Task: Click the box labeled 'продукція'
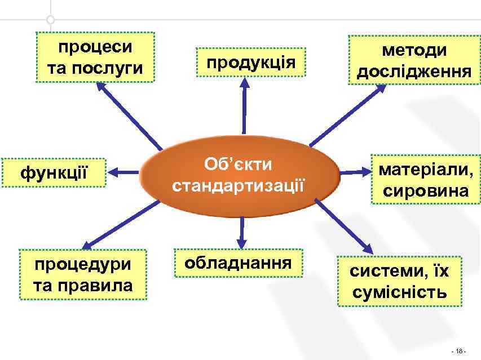250,62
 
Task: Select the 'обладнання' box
238,263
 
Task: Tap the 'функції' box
54,172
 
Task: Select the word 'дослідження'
414,72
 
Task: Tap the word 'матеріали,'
426,169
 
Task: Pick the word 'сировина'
426,190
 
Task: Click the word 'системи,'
384,270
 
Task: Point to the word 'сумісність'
400,292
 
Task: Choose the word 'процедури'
82,264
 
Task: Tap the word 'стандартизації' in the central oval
239,185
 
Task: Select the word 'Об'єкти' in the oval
239,165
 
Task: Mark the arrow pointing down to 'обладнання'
241,231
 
